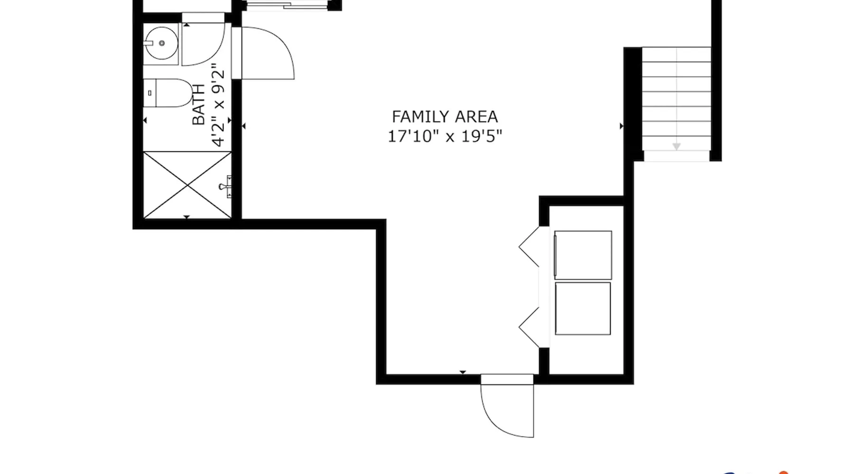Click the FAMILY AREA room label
pyautogui.click(x=445, y=117)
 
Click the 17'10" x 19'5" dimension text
pyautogui.click(x=445, y=137)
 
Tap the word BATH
pyautogui.click(x=199, y=105)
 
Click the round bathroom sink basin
pyautogui.click(x=161, y=43)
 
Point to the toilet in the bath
pyautogui.click(x=168, y=93)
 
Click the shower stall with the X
pyautogui.click(x=187, y=185)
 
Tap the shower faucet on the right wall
pyautogui.click(x=226, y=186)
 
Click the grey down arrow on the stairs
pyautogui.click(x=677, y=146)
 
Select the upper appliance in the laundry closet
pyautogui.click(x=583, y=255)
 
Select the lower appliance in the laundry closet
pyautogui.click(x=583, y=309)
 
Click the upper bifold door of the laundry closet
pyautogui.click(x=529, y=246)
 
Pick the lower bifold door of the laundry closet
pyautogui.click(x=529, y=328)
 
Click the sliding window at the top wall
pyautogui.click(x=288, y=5)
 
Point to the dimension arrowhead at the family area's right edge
pyautogui.click(x=622, y=126)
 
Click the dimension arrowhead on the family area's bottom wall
pyautogui.click(x=463, y=372)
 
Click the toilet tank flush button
pyautogui.click(x=150, y=93)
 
